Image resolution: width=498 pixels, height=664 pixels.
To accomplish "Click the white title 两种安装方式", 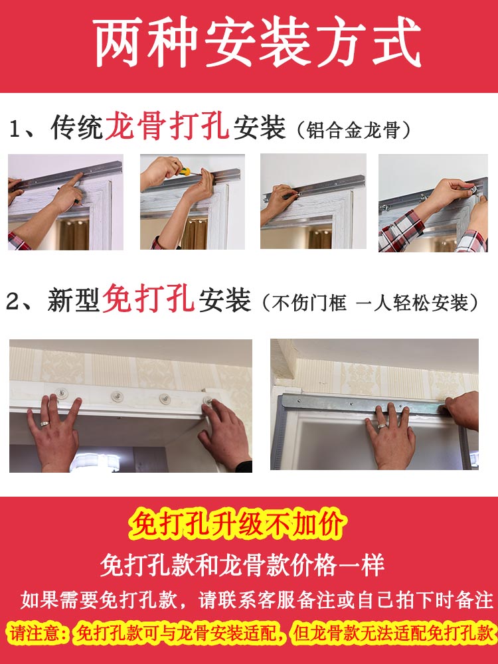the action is click(x=257, y=42).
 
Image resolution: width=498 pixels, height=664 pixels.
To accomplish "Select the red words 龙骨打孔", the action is click(x=167, y=127).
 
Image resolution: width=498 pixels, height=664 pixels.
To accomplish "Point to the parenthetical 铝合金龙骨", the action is click(x=353, y=129).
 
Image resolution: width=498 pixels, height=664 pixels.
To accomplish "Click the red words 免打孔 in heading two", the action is click(x=148, y=299).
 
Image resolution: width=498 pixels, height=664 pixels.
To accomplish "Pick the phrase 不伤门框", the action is click(x=309, y=303).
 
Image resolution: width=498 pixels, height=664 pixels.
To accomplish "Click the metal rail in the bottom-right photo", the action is click(x=364, y=405).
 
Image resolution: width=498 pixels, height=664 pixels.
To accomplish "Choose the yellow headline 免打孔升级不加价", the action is click(x=238, y=525).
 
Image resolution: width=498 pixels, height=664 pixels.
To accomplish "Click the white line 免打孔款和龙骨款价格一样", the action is click(x=242, y=564).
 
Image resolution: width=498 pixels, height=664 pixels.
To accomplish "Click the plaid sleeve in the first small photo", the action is click(x=18, y=241).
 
